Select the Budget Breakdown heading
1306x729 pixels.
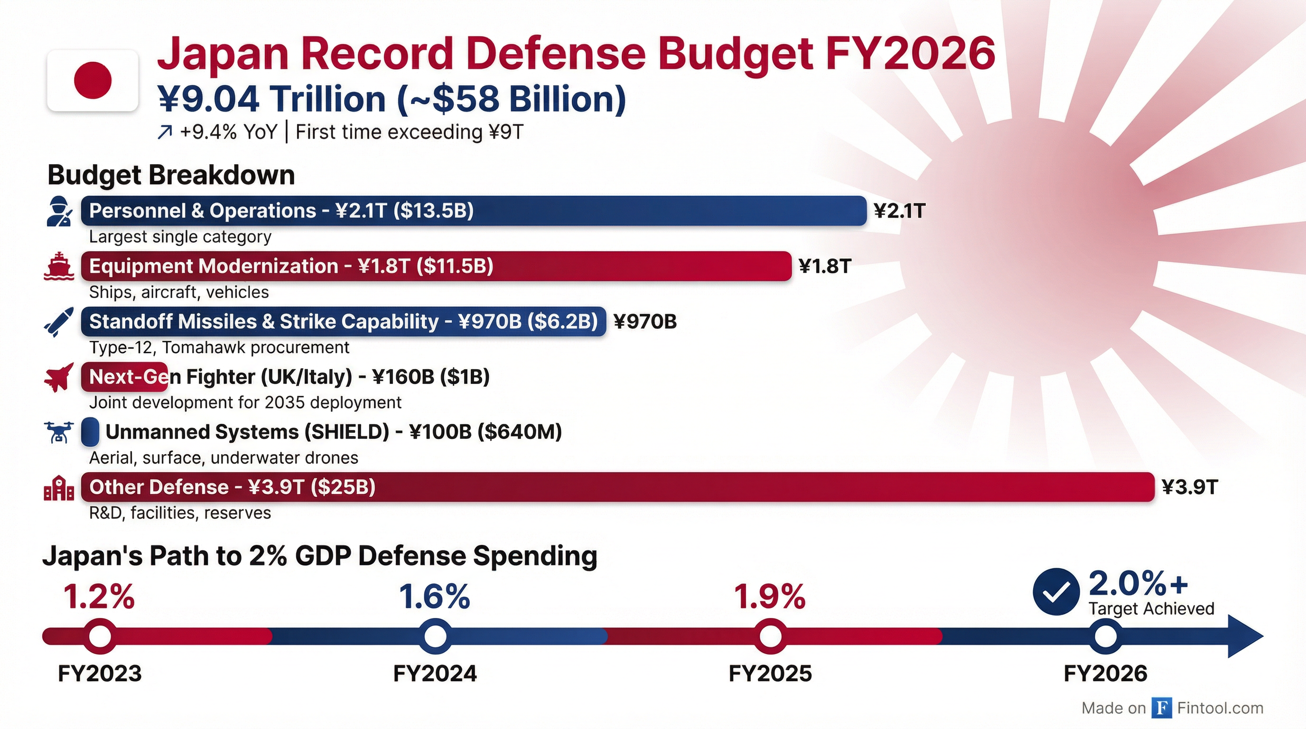[x=171, y=175]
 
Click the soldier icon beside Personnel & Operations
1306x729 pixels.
[x=59, y=211]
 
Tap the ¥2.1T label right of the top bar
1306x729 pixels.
[x=899, y=211]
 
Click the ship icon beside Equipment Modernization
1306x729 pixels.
[x=59, y=266]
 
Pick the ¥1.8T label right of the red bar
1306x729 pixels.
[x=824, y=266]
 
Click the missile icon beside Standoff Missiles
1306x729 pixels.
[x=59, y=321]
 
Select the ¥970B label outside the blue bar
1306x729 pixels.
[x=645, y=321]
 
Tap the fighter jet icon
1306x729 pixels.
[x=59, y=377]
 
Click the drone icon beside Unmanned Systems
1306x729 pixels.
[x=59, y=432]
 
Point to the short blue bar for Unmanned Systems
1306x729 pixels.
[x=90, y=432]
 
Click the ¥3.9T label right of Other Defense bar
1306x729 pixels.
[x=1189, y=487]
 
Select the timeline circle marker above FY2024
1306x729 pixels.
[x=435, y=636]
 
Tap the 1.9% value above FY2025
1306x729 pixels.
[x=770, y=597]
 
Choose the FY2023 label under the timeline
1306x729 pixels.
[x=100, y=674]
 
